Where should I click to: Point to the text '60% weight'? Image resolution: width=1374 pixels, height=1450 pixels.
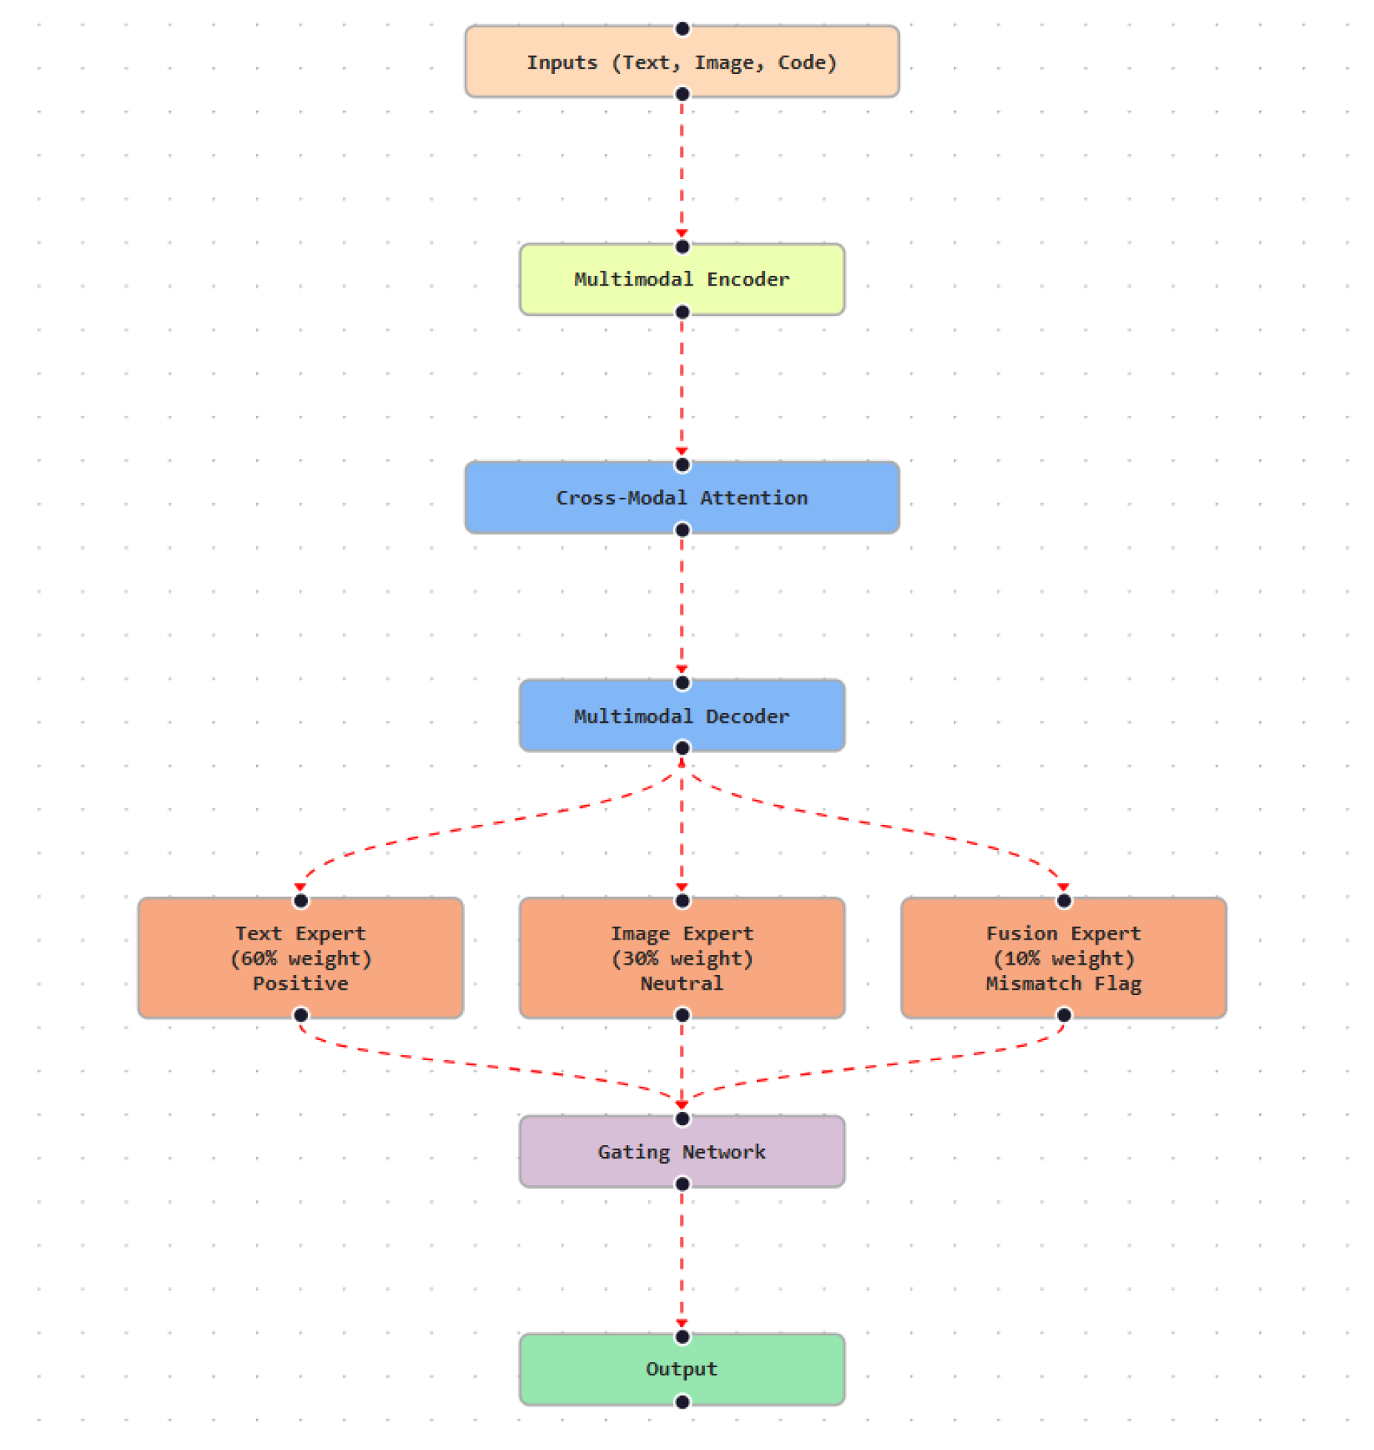coord(300,958)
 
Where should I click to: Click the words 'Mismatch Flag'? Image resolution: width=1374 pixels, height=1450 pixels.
coord(1063,983)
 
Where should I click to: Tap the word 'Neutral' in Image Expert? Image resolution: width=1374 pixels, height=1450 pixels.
coord(681,983)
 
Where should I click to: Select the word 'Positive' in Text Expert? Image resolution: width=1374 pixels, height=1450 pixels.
coord(300,983)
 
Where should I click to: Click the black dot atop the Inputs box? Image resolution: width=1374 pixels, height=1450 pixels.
coord(681,29)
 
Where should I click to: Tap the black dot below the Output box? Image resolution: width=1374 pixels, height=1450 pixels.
coord(681,1401)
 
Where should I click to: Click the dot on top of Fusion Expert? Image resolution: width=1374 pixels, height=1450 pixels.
coord(1063,900)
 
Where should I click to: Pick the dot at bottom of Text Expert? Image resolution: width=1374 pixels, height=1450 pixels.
coord(300,1014)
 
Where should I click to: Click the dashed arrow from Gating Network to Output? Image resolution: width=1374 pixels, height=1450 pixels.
coord(681,1258)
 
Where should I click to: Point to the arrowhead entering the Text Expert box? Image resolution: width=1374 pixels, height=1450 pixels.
coord(300,886)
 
